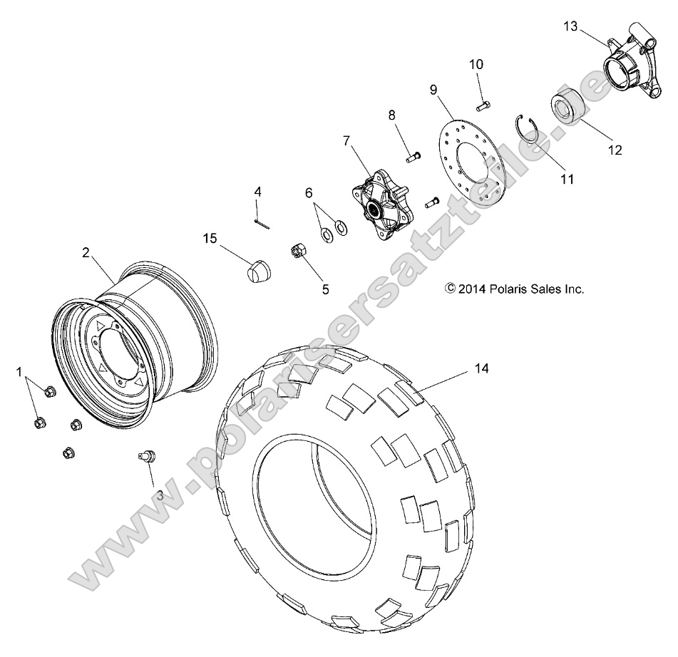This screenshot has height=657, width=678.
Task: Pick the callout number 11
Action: pyautogui.click(x=567, y=180)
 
